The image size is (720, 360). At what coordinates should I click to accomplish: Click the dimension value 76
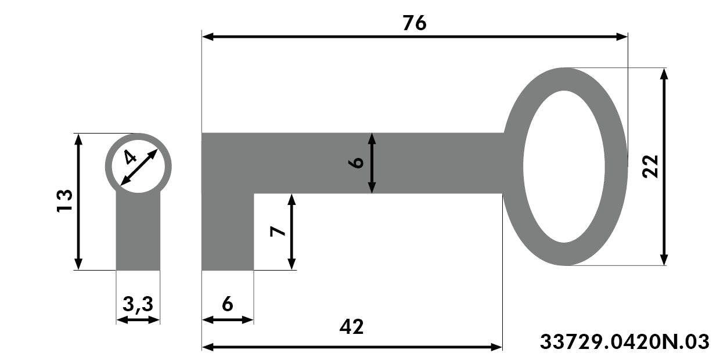point(415,23)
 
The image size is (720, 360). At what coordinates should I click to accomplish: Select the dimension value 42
point(351,326)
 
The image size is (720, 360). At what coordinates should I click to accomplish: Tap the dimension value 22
point(650,167)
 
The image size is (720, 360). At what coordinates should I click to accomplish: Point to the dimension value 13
point(64,201)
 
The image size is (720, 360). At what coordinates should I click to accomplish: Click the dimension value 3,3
point(138,304)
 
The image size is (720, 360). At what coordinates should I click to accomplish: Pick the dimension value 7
point(278,232)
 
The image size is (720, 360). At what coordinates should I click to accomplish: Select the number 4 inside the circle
point(130,157)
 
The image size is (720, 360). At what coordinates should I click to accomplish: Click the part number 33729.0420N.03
point(624,341)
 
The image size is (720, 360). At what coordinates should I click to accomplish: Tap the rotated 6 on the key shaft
point(356,163)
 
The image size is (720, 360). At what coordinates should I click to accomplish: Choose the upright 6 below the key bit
point(227,304)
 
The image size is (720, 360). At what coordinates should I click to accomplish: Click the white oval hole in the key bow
point(564,167)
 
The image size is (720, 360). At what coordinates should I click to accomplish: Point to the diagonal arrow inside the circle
point(139,167)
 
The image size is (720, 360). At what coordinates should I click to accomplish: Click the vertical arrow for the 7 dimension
point(291,232)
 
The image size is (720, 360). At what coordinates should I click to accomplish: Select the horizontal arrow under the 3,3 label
point(138,320)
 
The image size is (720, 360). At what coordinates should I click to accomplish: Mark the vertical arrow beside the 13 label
point(78,202)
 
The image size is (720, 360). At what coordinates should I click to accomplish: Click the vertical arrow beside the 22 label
point(664,167)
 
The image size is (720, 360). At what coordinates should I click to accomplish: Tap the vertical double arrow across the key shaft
point(372,163)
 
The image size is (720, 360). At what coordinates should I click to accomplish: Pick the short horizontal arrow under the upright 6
point(228,320)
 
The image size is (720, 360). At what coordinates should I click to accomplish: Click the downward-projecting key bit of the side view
point(228,232)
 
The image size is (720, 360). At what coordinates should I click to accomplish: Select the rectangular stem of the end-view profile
point(138,231)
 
